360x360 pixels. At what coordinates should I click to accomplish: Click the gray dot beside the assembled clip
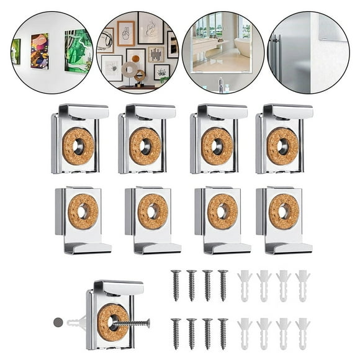[x=58, y=323]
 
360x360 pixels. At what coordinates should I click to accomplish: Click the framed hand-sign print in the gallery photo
[x=126, y=34]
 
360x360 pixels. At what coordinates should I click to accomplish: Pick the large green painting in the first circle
[x=78, y=50]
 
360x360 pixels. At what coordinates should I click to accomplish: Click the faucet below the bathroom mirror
[x=222, y=84]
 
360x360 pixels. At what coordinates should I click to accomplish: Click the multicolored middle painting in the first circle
[x=40, y=51]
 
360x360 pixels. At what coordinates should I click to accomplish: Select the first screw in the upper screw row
[x=176, y=285]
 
